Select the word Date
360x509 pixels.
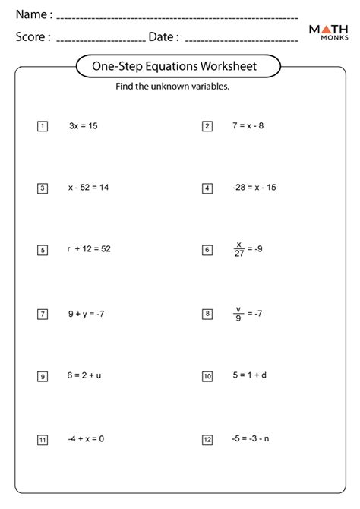[x=163, y=36]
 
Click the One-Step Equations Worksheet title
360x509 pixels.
[x=179, y=66]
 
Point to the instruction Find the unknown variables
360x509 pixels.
[x=172, y=87]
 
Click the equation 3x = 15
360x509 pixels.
[x=83, y=125]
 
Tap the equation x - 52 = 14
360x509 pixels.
[x=88, y=187]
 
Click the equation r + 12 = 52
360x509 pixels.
[x=89, y=249]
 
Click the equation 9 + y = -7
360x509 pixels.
[x=86, y=313]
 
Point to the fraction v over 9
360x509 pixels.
[x=238, y=312]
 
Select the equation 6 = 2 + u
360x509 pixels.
[x=84, y=375]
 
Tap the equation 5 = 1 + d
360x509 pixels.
[x=249, y=375]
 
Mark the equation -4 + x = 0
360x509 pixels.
[x=85, y=438]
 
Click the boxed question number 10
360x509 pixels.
[x=207, y=376]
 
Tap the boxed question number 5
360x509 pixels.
[x=43, y=250]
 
